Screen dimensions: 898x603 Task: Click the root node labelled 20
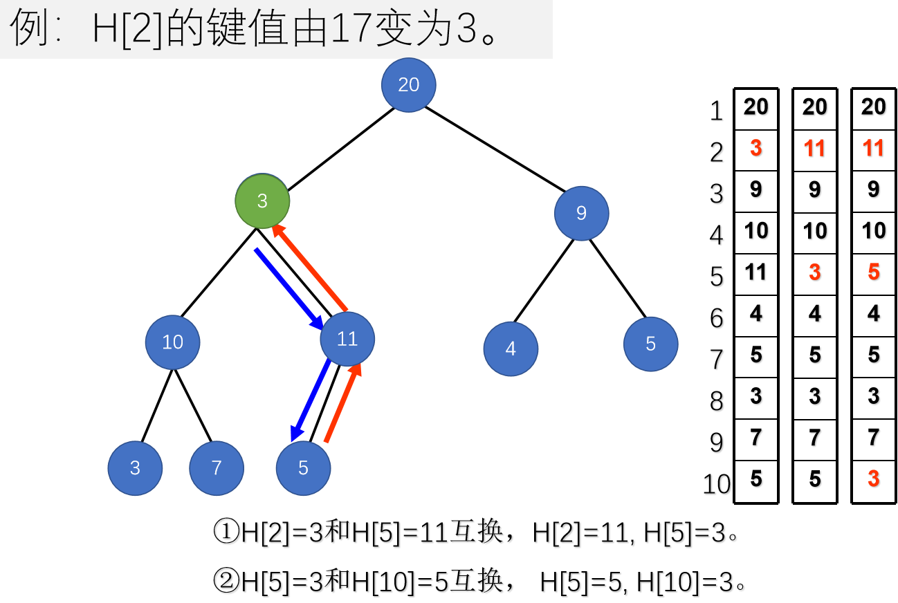click(x=409, y=84)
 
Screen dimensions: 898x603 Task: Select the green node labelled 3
click(x=262, y=201)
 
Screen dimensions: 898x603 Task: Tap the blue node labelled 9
click(x=581, y=213)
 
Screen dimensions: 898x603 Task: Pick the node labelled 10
click(x=172, y=342)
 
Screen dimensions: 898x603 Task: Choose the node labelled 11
click(x=347, y=339)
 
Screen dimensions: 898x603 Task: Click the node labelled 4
click(x=511, y=349)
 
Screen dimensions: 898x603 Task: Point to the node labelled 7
click(x=217, y=468)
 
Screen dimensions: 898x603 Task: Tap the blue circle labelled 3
click(x=135, y=468)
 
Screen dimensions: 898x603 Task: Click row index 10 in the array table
click(x=717, y=485)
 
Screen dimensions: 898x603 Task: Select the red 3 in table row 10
click(x=874, y=479)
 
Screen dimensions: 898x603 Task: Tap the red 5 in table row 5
click(x=874, y=272)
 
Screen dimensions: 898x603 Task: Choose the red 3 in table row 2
click(x=756, y=149)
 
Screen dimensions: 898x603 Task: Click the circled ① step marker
click(x=226, y=533)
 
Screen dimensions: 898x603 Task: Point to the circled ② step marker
click(x=226, y=583)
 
